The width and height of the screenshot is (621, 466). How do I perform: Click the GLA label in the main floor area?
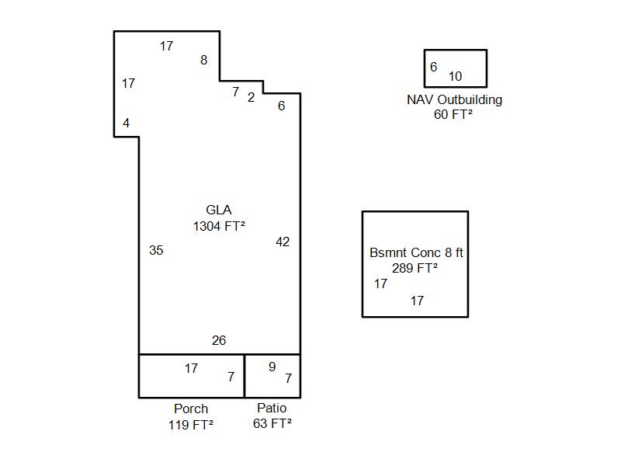point(219,210)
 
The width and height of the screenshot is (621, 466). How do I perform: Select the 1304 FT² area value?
point(219,226)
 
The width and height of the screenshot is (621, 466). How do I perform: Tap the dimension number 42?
point(283,242)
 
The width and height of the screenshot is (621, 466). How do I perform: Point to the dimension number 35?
point(156,250)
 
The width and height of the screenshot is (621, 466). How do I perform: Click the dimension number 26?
point(219,340)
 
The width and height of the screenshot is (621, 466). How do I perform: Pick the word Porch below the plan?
point(191,409)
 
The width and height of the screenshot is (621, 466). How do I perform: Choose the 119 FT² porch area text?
point(191,425)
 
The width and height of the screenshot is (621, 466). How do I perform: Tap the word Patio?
point(272,408)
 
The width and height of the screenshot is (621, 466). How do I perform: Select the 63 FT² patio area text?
point(272,423)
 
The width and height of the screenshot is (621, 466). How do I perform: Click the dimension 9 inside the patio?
point(272,367)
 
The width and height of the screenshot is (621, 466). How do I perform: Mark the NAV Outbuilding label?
point(454,99)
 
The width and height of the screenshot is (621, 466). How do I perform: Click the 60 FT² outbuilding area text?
point(453,114)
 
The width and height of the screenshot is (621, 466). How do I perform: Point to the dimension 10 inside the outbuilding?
point(455,76)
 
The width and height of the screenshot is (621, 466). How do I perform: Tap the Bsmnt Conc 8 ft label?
point(416,252)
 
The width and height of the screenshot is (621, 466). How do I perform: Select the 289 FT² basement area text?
point(415,268)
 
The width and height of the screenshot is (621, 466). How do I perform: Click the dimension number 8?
point(203,60)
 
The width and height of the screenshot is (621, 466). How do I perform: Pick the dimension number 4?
point(126,123)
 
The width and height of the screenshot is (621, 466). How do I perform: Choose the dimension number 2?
point(251,98)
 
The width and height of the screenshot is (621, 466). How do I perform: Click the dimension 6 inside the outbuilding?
point(434,67)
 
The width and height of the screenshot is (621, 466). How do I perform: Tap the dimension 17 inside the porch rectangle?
point(191,368)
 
